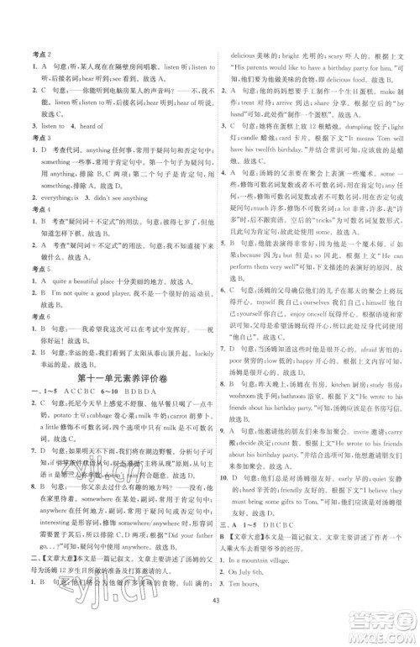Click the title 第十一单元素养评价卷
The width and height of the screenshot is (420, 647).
click(117, 383)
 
